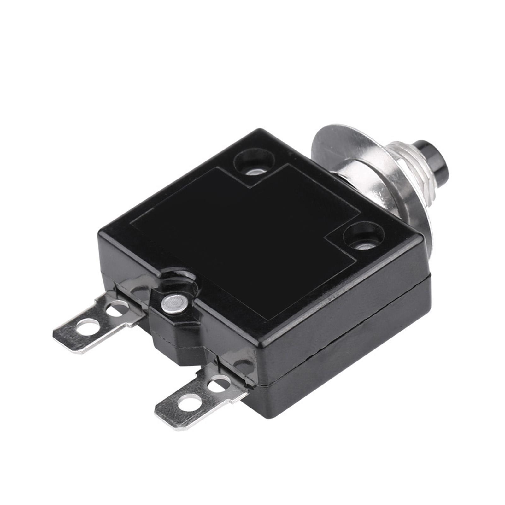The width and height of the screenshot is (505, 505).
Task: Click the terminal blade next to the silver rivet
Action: pyautogui.click(x=95, y=319)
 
